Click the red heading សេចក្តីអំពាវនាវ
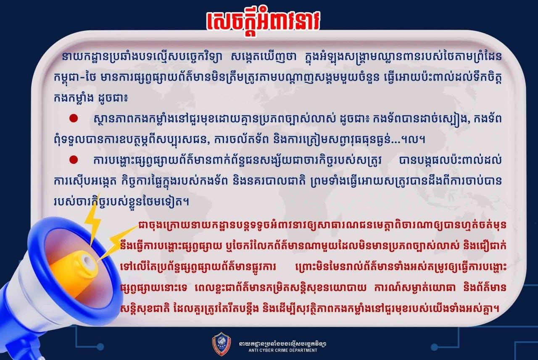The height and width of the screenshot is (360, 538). pos(263,22)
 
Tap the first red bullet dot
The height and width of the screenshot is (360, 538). pos(74,118)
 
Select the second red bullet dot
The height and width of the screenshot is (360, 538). pos(74,160)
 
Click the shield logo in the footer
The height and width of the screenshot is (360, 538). pos(222,344)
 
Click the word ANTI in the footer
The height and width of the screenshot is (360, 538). pos(253,350)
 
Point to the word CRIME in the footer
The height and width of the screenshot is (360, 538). pos(280,350)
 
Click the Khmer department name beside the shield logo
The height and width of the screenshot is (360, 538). pos(283,344)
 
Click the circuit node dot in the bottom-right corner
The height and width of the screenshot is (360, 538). pos(434,347)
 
